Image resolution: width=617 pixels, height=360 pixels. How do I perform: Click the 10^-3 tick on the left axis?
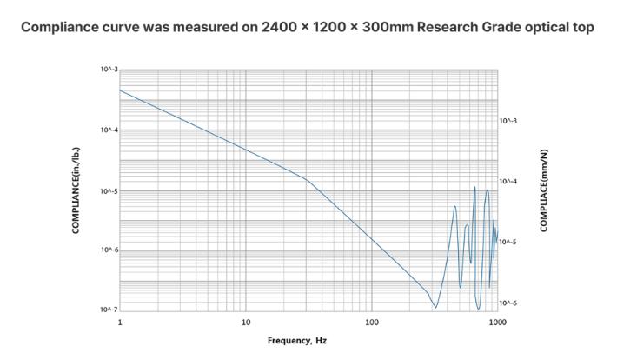pos(108,69)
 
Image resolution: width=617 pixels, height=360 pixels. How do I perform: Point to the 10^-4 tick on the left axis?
pos(108,130)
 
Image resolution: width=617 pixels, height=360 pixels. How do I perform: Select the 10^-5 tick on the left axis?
pos(108,190)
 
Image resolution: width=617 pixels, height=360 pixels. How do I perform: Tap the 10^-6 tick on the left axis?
pos(108,250)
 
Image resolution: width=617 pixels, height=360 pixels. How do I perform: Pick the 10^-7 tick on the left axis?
pos(108,310)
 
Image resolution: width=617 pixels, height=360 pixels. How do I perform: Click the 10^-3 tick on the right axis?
pos(509,121)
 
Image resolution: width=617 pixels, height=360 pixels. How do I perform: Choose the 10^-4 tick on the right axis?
pos(509,181)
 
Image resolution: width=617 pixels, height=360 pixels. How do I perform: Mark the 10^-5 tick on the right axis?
pos(509,242)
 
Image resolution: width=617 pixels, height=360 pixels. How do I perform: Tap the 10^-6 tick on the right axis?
pos(509,303)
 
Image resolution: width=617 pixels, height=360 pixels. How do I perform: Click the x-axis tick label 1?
pos(120,323)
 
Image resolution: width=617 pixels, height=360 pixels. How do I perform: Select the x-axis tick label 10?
pos(246,323)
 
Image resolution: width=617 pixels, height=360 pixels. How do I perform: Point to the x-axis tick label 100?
pos(372,323)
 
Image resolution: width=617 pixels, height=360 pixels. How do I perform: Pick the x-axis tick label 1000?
pos(497,323)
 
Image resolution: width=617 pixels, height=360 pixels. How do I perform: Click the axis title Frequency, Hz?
pos(297,341)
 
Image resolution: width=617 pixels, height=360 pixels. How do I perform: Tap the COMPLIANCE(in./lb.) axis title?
pos(76,190)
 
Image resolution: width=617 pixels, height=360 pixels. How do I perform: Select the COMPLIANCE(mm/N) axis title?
pos(544,190)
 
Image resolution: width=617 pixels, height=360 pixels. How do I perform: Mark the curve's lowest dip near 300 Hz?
pos(435,307)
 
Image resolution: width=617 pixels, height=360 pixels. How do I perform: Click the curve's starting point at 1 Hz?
pos(120,90)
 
